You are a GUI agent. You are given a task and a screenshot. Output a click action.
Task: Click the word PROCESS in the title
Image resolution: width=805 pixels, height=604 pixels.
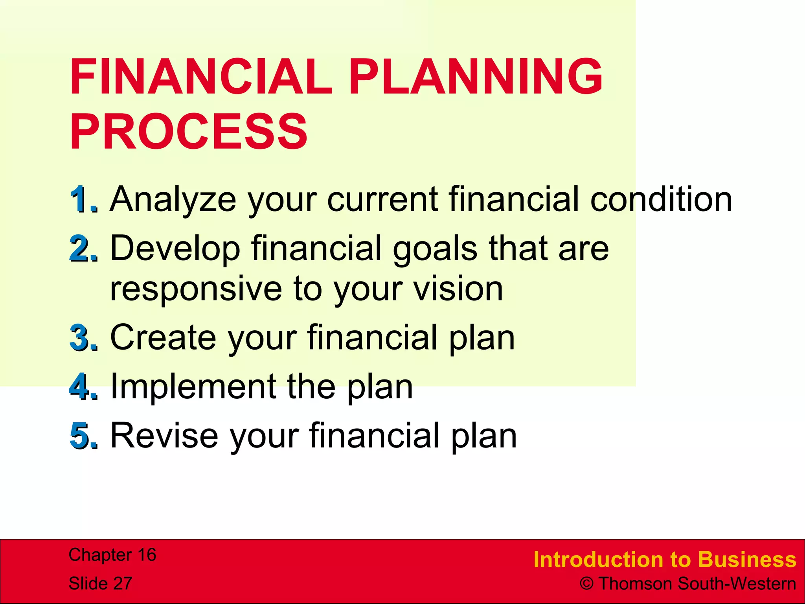click(189, 132)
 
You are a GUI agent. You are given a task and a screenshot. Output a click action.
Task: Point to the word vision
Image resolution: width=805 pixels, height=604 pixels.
click(458, 289)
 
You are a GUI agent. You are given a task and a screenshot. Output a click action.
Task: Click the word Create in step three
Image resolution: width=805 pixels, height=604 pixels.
click(163, 337)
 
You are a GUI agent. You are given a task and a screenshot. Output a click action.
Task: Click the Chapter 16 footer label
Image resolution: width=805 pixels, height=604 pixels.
click(112, 555)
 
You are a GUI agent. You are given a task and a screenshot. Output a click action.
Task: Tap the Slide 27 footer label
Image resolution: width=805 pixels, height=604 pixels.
click(101, 583)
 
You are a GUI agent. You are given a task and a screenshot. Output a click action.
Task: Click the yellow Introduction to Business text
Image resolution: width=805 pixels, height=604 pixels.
click(665, 560)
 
